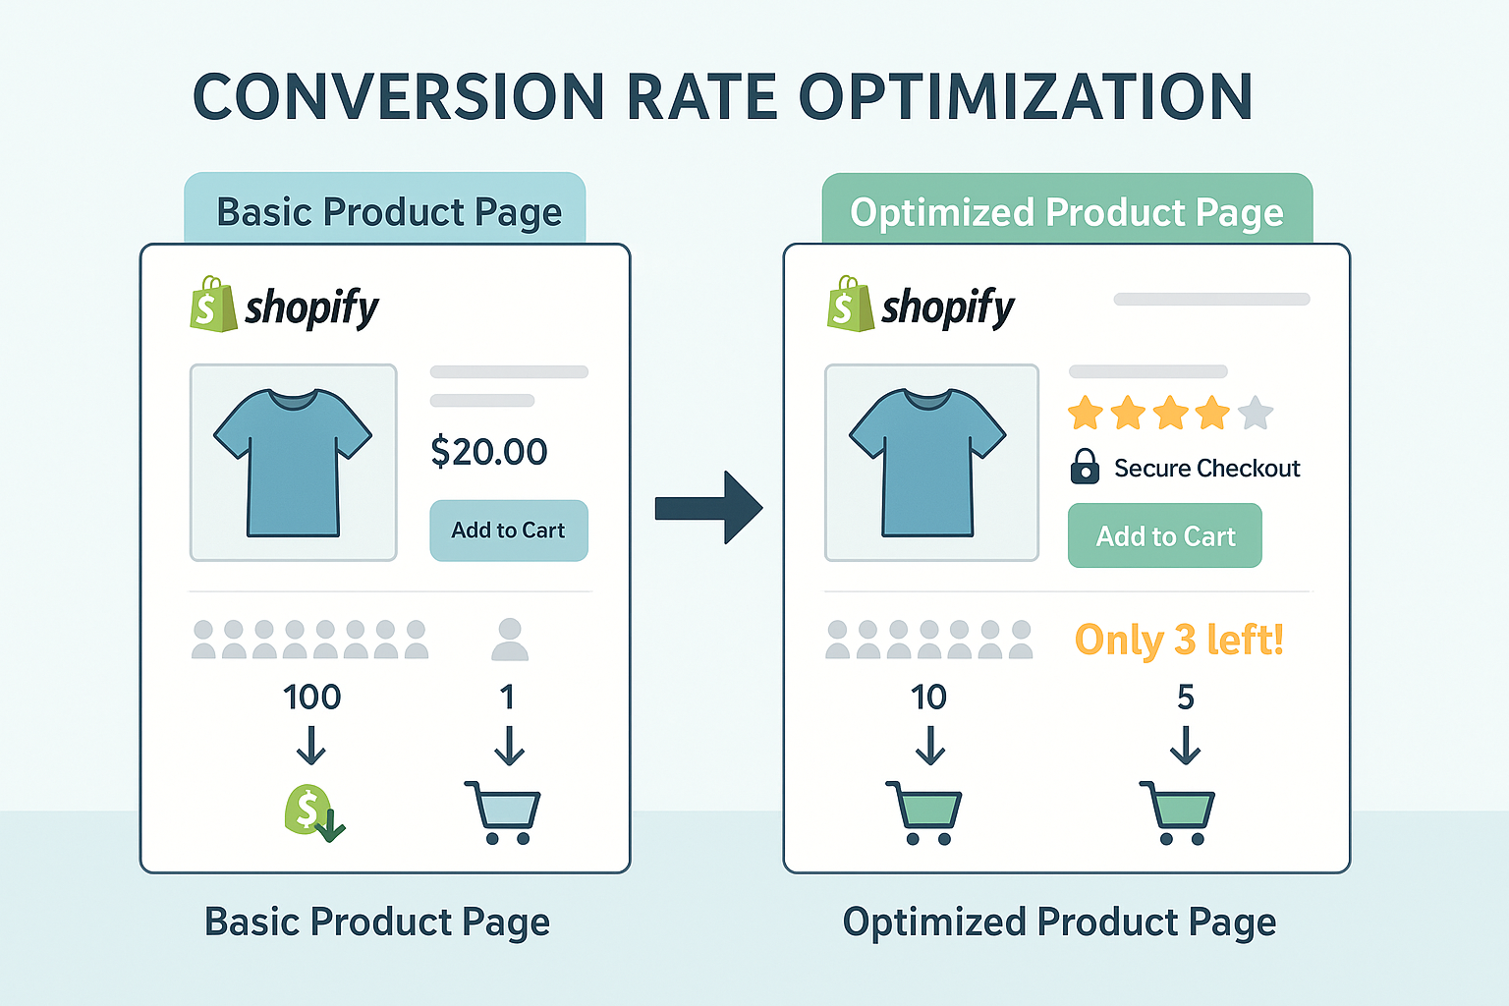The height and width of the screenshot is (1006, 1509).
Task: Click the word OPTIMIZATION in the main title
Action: (x=1026, y=96)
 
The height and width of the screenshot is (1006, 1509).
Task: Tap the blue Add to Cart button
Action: (x=508, y=531)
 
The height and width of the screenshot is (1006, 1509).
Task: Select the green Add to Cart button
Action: (x=1164, y=535)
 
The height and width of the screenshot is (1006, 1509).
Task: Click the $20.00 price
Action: (x=489, y=452)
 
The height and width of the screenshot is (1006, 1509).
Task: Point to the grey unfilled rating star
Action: (x=1255, y=414)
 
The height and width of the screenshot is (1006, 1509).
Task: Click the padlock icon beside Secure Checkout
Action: (x=1085, y=467)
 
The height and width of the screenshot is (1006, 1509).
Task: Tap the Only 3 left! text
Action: (x=1179, y=640)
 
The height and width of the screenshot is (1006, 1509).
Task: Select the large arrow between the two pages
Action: (x=708, y=508)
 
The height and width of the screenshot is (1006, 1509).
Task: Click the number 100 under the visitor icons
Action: (x=311, y=698)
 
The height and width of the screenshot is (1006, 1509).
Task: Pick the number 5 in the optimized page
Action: (x=1185, y=698)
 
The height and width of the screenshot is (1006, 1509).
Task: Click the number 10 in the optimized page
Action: (x=928, y=698)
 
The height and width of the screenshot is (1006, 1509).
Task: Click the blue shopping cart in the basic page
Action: (x=503, y=812)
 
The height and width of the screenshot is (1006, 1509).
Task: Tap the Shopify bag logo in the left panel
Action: (x=213, y=305)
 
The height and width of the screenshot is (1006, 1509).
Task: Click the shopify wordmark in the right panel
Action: (x=948, y=308)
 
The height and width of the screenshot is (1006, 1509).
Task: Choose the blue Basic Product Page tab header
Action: (x=385, y=210)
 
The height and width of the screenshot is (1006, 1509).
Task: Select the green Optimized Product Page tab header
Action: (x=1067, y=210)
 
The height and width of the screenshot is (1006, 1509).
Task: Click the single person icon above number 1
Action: (x=509, y=640)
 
